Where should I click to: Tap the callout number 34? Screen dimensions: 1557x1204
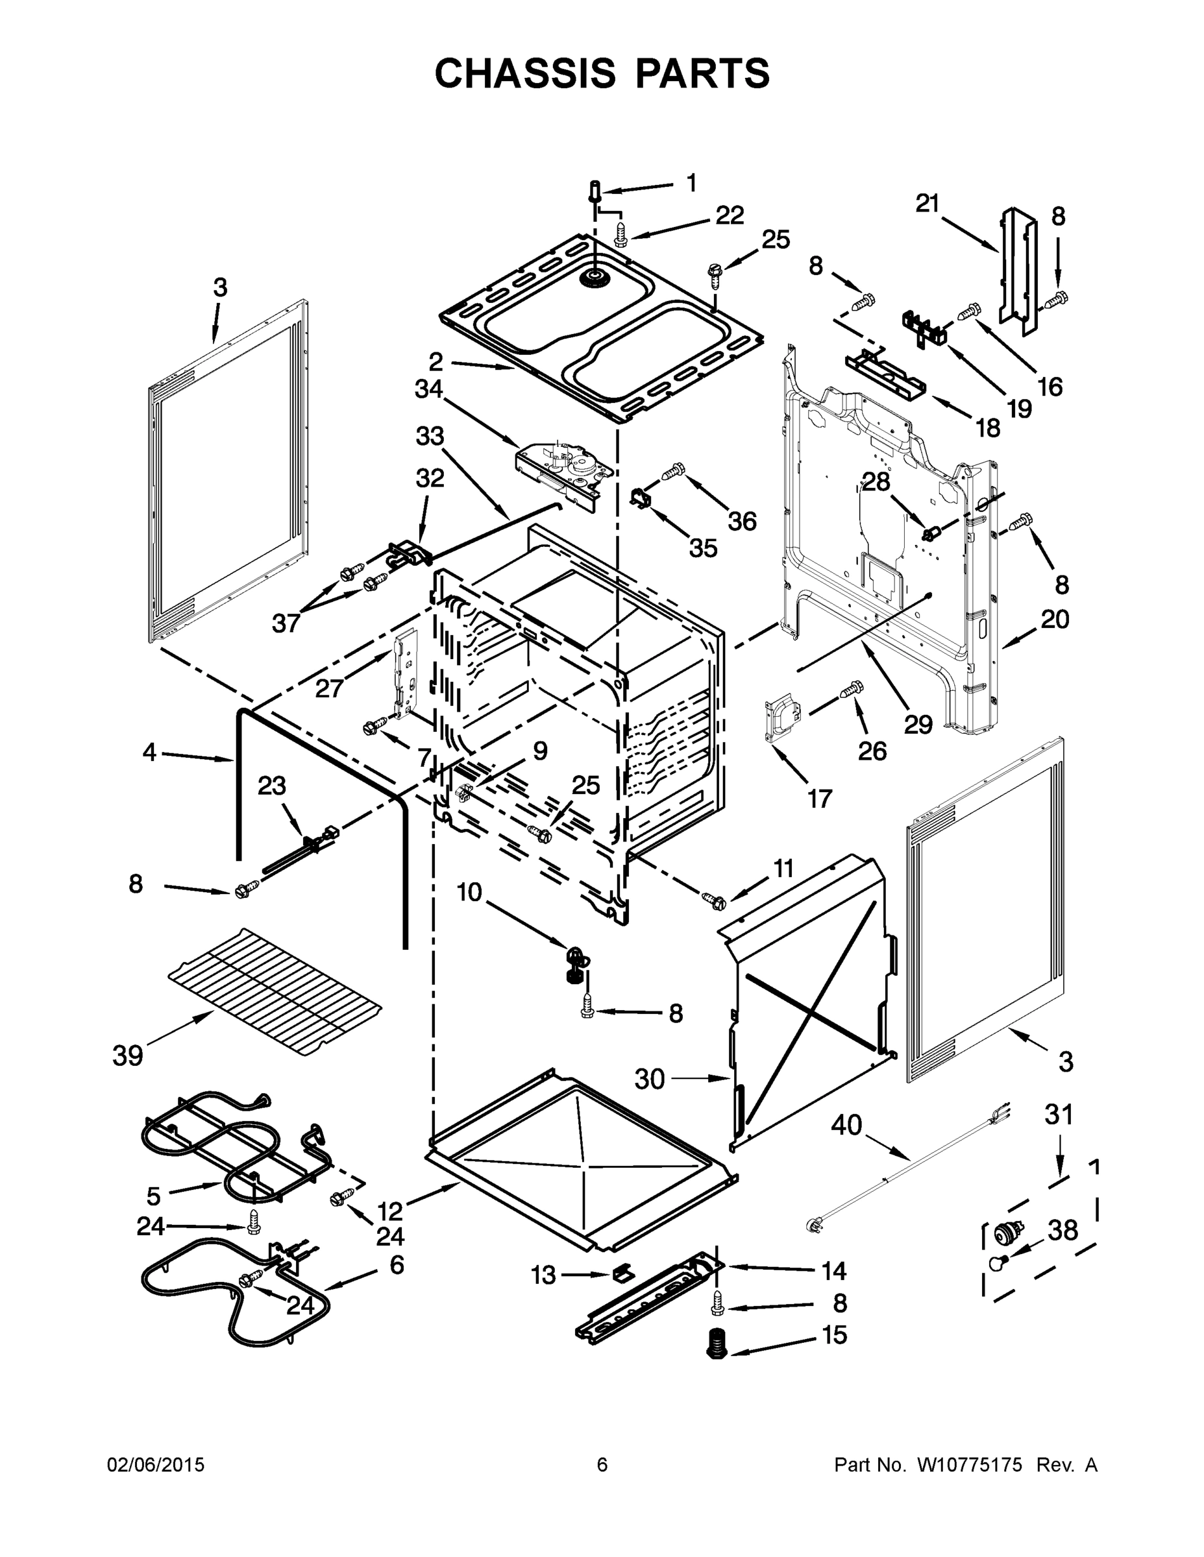point(428,389)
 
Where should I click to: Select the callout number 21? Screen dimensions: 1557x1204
point(928,204)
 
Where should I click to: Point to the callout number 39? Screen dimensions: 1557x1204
point(128,1055)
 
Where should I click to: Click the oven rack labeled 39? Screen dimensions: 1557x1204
point(275,993)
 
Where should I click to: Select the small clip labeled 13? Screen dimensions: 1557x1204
point(622,1271)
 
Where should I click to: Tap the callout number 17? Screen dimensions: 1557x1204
point(820,799)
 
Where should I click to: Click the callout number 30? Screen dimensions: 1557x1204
point(650,1080)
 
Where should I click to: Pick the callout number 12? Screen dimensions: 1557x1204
point(390,1211)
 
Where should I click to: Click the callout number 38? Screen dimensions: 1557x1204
point(1063,1230)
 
